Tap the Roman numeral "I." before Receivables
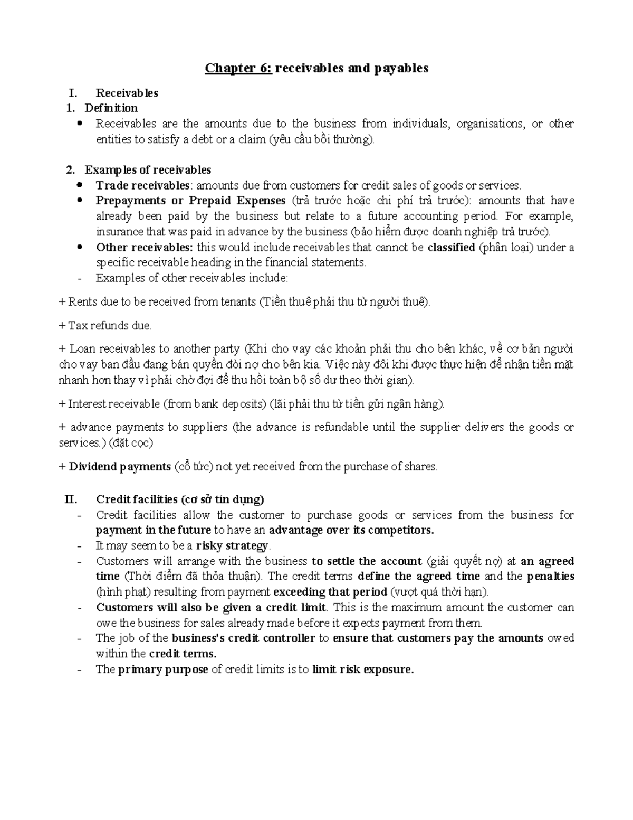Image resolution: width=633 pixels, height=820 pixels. (73, 93)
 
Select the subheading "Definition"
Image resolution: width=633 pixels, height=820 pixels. (111, 108)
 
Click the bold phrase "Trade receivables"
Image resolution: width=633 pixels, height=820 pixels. (142, 185)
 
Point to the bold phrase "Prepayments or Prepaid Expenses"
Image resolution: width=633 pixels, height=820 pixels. (190, 201)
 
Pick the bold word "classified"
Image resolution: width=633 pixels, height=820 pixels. (451, 247)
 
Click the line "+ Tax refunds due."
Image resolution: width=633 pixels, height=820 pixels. (105, 326)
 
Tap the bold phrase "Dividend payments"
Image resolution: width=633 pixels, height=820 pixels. (120, 467)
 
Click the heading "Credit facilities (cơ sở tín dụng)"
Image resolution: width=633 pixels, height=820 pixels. (180, 499)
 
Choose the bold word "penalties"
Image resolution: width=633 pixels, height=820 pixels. (550, 577)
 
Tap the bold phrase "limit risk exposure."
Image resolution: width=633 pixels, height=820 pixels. (363, 670)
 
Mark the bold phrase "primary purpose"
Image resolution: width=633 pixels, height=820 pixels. (162, 670)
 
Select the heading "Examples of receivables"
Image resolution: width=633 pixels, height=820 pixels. (148, 170)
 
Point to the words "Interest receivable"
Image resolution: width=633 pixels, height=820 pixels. (113, 404)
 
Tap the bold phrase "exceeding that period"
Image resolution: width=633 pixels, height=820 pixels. (329, 592)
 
